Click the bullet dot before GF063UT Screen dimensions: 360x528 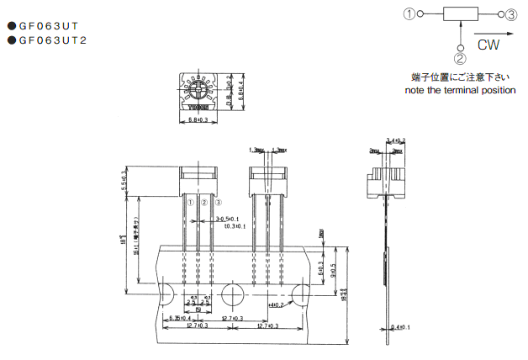tap(12, 26)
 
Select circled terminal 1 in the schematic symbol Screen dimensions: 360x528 tap(409, 13)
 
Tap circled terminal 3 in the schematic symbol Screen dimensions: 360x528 tap(511, 13)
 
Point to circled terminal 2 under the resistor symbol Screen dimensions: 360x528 tap(460, 58)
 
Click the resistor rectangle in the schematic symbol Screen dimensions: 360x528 tap(460, 13)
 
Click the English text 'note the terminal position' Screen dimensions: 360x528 tap(460, 90)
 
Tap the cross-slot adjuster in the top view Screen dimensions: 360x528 tap(200, 89)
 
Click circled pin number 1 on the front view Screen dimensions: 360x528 tap(190, 203)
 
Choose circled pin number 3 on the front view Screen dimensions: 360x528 tap(218, 203)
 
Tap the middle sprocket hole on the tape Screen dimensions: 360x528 tap(233, 294)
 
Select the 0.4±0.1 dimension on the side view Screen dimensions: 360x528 tap(400, 327)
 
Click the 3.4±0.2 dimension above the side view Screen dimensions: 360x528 tap(395, 140)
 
